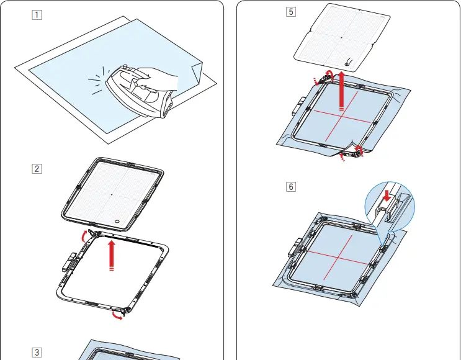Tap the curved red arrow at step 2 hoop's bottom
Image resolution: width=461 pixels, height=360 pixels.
[117, 317]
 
